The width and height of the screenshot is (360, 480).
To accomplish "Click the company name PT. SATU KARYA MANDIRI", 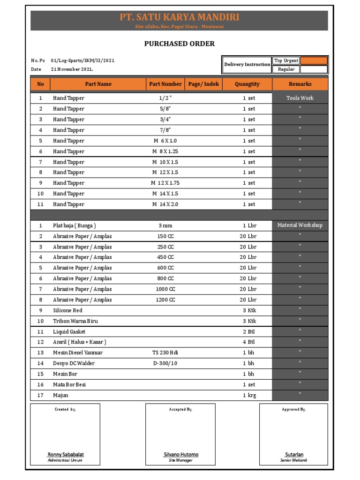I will [x=179, y=17].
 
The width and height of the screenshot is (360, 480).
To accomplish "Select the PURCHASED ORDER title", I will [x=179, y=44].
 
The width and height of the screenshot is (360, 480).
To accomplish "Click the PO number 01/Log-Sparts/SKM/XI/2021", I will [x=82, y=60].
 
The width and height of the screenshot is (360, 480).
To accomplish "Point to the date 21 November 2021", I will [x=75, y=69].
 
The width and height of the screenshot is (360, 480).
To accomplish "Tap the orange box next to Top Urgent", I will [x=314, y=60].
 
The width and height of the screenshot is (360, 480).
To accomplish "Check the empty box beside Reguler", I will [x=314, y=69].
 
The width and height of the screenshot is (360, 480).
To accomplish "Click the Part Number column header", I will [x=165, y=84].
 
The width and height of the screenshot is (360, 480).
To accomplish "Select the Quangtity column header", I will [x=247, y=84].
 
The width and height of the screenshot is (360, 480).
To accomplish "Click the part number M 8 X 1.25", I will [x=165, y=151].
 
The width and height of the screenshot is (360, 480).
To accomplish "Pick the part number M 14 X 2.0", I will [x=165, y=204].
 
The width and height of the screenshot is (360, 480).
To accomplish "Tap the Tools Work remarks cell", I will [x=300, y=98].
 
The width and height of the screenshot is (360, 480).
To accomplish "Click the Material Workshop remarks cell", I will [x=300, y=225].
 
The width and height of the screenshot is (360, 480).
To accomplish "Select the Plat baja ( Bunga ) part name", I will [x=74, y=225].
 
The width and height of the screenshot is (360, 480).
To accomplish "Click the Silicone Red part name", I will [x=67, y=310].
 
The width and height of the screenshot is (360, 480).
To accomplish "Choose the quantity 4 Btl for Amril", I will [x=249, y=342].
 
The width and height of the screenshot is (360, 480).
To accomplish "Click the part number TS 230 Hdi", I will [x=165, y=352].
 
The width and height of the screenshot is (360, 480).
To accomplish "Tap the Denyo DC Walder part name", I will [x=74, y=363].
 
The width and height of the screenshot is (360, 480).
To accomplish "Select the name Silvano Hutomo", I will [x=180, y=455].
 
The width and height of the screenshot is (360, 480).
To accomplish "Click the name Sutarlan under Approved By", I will [x=294, y=455].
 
